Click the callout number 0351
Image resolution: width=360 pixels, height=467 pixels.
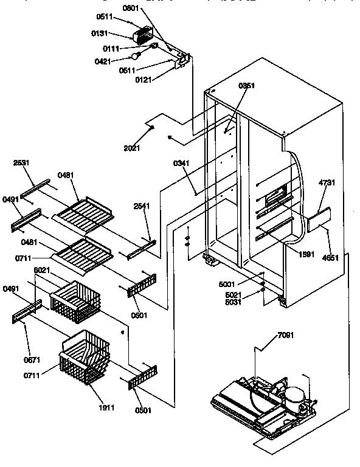click(x=246, y=86)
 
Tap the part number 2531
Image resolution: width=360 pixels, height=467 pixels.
click(x=22, y=162)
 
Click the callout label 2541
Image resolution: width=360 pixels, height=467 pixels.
click(x=142, y=206)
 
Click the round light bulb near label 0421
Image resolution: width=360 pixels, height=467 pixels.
click(x=137, y=57)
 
